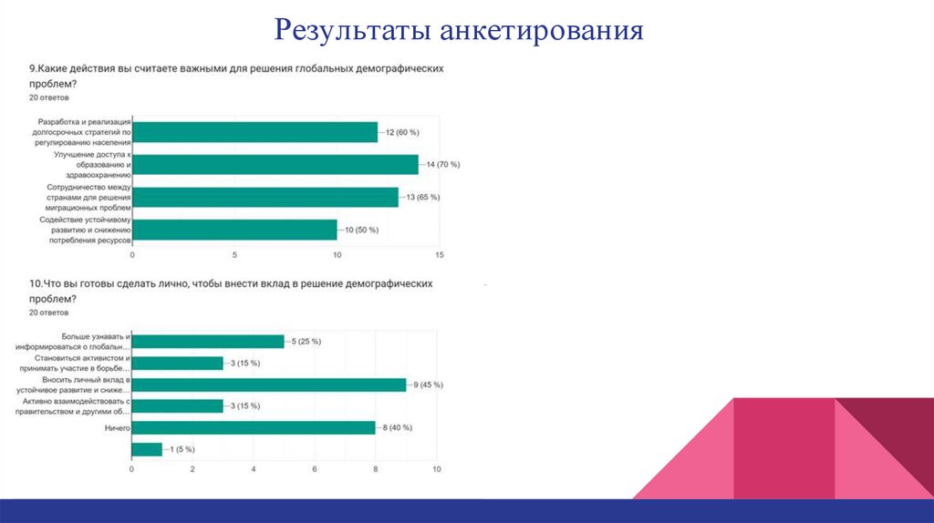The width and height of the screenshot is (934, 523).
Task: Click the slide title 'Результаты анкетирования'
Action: (x=461, y=32)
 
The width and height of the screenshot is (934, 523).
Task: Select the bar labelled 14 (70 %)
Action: (x=275, y=164)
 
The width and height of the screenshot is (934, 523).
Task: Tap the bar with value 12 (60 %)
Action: (x=255, y=132)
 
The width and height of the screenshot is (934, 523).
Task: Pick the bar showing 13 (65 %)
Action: (x=265, y=197)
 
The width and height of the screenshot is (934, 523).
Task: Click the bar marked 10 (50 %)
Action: (x=234, y=230)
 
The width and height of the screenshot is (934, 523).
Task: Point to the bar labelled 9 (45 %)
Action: (x=269, y=385)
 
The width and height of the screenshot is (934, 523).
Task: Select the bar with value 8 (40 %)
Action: (x=254, y=427)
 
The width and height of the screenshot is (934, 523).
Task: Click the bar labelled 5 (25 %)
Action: (x=208, y=341)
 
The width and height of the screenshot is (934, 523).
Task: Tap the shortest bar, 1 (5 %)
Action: (x=147, y=449)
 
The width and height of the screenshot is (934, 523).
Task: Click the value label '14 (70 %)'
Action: (x=442, y=165)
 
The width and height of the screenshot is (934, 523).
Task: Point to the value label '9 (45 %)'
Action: (x=426, y=385)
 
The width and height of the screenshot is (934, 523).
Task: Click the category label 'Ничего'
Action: (x=118, y=427)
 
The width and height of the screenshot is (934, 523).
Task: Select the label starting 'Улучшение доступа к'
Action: (x=92, y=155)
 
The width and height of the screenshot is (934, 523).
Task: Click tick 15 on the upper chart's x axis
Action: (x=440, y=254)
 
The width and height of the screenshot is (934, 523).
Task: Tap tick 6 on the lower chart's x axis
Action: (x=315, y=469)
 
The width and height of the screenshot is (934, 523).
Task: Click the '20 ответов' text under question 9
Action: (x=48, y=97)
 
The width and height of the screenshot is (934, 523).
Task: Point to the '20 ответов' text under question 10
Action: (x=48, y=313)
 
